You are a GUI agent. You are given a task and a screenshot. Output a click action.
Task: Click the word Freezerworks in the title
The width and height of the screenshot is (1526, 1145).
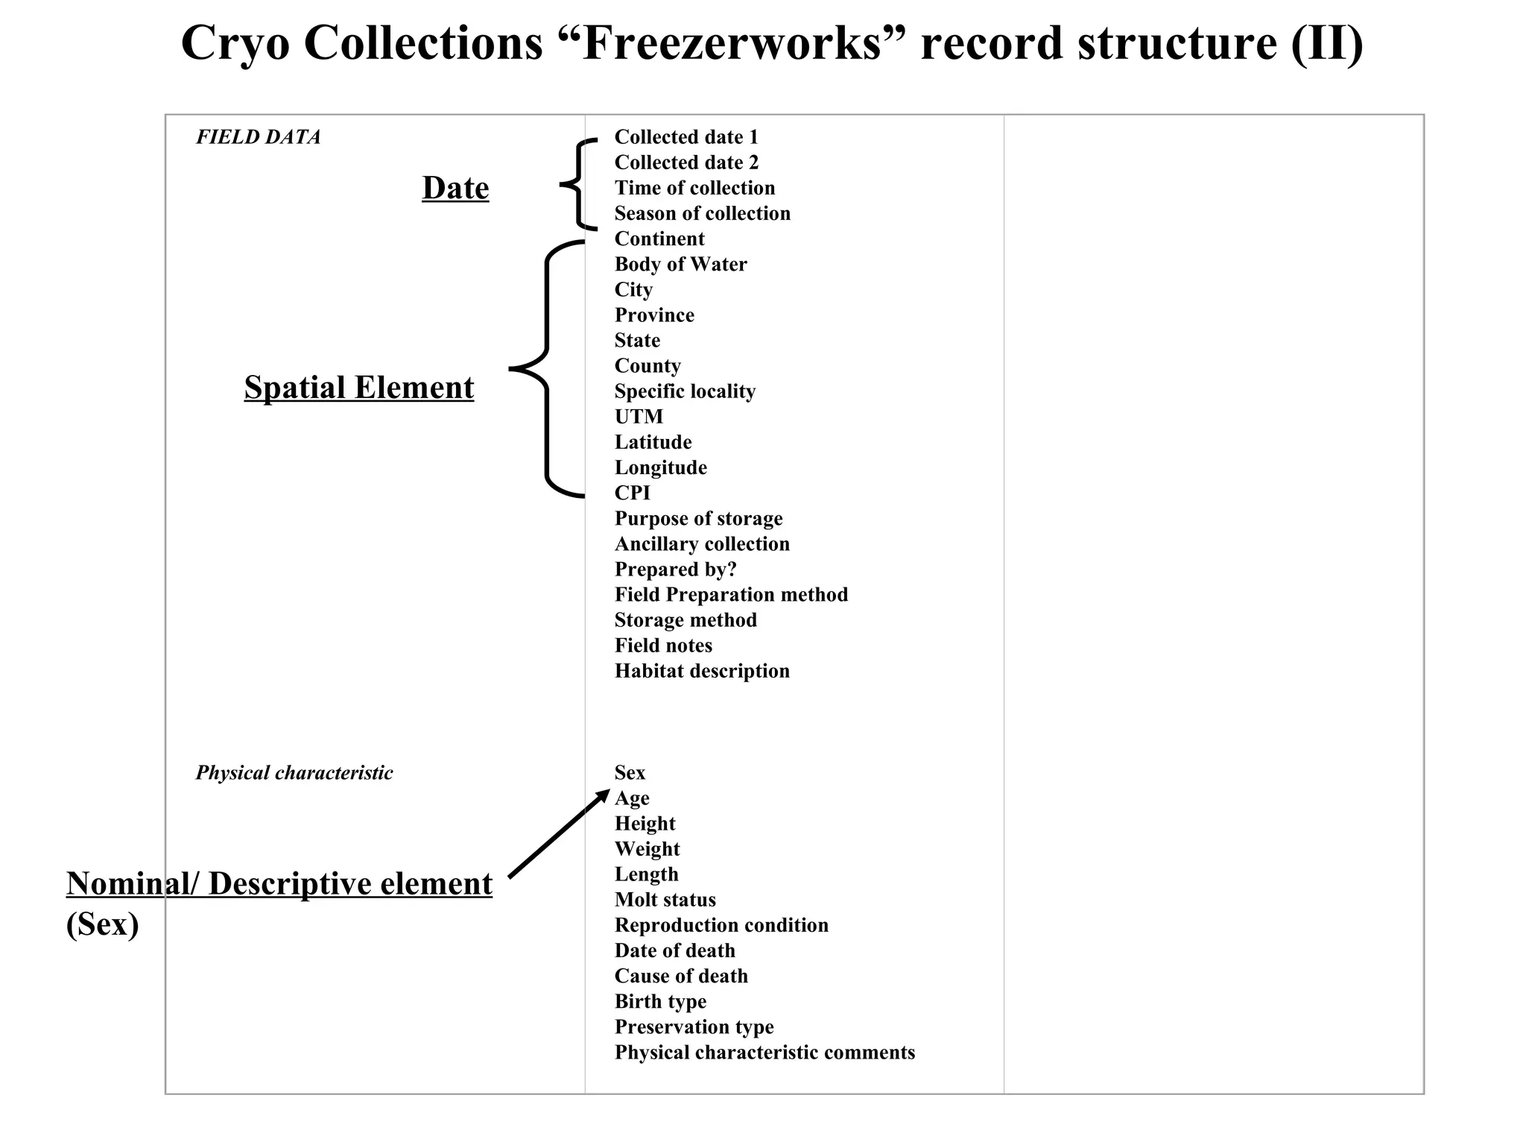[x=732, y=43]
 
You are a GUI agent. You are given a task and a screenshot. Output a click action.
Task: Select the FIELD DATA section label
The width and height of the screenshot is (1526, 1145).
[x=258, y=137]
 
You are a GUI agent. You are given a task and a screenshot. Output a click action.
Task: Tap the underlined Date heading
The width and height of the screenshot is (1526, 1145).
[x=455, y=188]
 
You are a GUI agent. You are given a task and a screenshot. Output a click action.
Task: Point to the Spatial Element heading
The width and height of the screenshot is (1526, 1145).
[x=358, y=388]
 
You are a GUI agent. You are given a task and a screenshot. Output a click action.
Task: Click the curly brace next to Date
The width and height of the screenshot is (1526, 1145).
[x=577, y=183]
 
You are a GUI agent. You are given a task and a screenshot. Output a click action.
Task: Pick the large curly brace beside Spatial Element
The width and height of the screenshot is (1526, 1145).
[x=548, y=369]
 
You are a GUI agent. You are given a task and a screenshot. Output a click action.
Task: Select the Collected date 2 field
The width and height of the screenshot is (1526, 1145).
[x=686, y=163]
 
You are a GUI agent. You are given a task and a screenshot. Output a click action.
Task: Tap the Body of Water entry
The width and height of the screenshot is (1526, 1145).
[x=680, y=265]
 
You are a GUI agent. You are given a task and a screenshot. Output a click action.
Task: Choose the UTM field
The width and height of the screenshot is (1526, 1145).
[x=639, y=417]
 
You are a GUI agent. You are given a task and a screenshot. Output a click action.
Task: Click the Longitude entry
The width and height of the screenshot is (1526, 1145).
[x=660, y=467]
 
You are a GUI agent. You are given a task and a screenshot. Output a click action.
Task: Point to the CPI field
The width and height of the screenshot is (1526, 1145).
[x=632, y=493]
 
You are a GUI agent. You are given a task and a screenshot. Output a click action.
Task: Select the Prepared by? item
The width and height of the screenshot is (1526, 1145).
[x=675, y=570]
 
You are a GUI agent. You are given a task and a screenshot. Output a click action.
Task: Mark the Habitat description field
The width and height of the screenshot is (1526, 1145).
[x=702, y=671]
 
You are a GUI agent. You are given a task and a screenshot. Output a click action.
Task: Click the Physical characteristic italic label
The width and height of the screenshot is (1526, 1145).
[x=294, y=773]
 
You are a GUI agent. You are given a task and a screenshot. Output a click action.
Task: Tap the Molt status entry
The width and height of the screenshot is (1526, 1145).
[x=665, y=900]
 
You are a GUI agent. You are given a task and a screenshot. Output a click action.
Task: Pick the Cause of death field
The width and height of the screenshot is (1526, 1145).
[x=681, y=976]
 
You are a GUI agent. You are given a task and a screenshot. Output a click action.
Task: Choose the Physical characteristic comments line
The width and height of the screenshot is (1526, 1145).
[x=764, y=1053]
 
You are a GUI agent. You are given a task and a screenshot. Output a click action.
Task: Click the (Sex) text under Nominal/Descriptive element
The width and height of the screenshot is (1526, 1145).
[x=102, y=924]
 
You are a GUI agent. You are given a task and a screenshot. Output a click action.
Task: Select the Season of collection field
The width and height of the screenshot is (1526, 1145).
[x=702, y=213]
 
